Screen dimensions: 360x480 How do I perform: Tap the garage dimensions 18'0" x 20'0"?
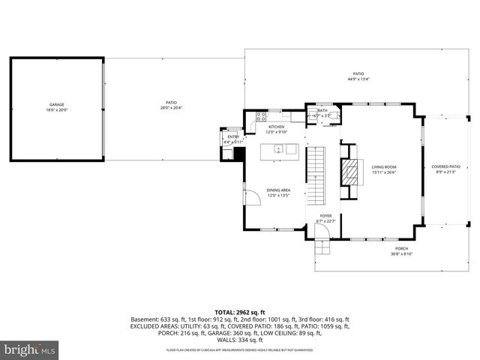pos(56,111)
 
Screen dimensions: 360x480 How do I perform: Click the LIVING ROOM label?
pos(385,167)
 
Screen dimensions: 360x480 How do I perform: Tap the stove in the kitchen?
pos(261,116)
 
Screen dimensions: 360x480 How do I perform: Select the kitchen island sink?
pos(277,149)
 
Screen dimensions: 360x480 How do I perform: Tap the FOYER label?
pos(326,216)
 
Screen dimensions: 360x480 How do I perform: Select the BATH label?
pos(322,110)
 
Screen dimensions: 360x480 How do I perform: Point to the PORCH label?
pos(403,249)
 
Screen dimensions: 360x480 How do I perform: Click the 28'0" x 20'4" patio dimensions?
pos(171,107)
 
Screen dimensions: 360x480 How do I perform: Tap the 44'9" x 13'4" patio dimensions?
pos(358,78)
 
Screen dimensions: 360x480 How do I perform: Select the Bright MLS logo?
pos(30,349)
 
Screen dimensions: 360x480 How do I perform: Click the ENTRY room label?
pos(233,136)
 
